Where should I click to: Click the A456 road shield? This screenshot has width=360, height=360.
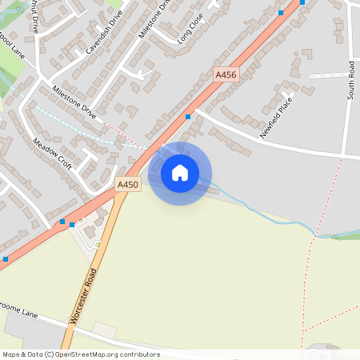pyautogui.click(x=226, y=74)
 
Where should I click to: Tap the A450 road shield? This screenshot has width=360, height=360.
pyautogui.click(x=128, y=184)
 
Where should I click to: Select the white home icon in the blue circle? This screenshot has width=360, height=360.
pyautogui.click(x=180, y=173)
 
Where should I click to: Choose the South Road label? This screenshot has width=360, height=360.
pyautogui.click(x=350, y=80)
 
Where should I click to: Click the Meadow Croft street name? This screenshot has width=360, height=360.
pyautogui.click(x=52, y=154)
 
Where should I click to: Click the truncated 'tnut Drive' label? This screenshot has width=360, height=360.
pyautogui.click(x=33, y=14)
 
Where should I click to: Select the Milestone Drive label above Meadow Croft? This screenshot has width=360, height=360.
pyautogui.click(x=74, y=102)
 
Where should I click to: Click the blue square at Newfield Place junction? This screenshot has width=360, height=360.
pyautogui.click(x=188, y=117)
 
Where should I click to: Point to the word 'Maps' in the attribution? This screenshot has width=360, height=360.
pyautogui.click(x=11, y=354)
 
